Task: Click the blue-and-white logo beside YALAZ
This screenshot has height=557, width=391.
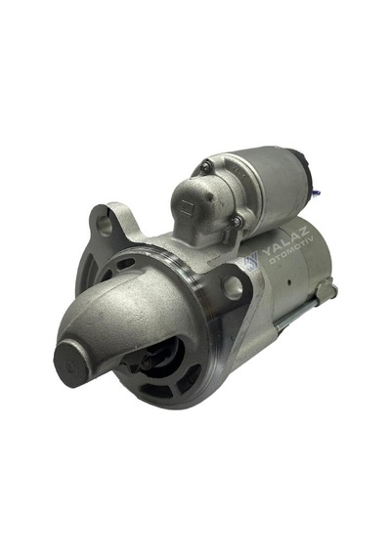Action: tap(251, 261)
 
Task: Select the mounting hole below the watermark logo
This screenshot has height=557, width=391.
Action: tap(232, 285)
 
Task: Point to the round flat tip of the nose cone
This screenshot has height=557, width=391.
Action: tap(71, 364)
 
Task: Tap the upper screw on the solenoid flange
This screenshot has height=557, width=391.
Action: tap(205, 164)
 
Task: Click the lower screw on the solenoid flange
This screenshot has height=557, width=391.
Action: tap(236, 222)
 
